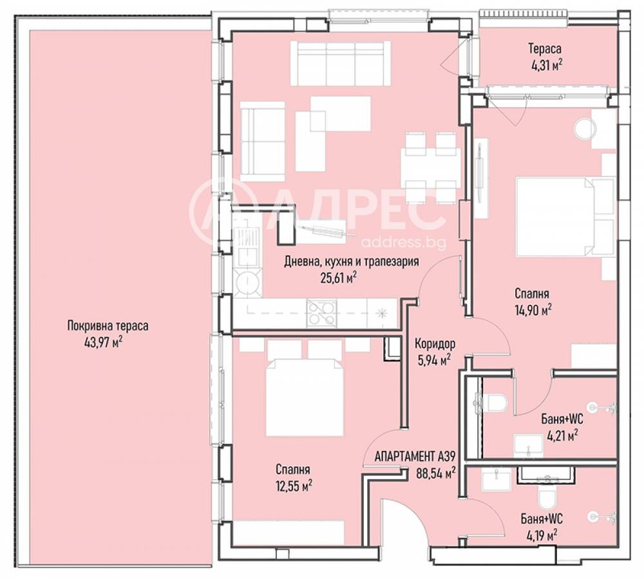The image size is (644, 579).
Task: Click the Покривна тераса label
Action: (108, 326)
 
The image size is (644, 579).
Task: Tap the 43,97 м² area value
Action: (104, 341)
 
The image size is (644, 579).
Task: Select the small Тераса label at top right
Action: (545, 49)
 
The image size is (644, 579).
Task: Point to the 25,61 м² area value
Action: (338, 278)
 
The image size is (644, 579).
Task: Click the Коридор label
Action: (435, 343)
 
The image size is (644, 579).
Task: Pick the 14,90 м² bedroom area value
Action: (533, 310)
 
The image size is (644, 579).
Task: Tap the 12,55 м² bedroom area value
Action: (294, 486)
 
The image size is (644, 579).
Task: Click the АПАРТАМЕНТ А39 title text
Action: (415, 456)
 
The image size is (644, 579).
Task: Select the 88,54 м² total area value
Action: (435, 473)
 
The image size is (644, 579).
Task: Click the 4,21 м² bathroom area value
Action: (561, 435)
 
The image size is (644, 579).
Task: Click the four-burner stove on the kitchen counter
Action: (322, 313)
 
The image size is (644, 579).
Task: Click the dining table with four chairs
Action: (431, 168)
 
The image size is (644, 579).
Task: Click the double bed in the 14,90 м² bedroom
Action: (565, 216)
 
